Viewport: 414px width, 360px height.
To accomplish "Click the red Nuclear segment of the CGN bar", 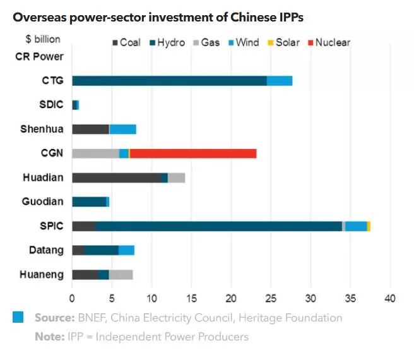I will (193, 153).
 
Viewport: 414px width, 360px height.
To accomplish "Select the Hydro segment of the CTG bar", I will (169, 81).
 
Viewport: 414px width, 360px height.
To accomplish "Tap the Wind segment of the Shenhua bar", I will (122, 129).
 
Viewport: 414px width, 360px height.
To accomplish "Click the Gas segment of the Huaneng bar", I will (121, 275).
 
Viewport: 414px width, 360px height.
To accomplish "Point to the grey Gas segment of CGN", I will (95, 153).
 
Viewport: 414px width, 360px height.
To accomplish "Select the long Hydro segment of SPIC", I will (218, 226).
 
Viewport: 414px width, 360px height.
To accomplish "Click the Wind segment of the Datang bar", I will (126, 250).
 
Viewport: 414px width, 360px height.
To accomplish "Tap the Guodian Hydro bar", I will (89, 202).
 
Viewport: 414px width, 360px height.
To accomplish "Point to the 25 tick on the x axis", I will (271, 297).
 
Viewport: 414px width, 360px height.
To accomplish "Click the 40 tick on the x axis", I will (390, 297).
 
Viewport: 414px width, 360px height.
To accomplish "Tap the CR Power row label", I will (39, 56).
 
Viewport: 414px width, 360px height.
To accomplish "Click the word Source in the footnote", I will (54, 318).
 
